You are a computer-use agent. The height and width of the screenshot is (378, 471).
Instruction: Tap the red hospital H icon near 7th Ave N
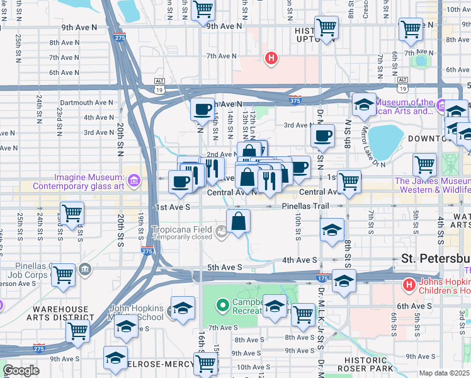[x=271, y=59]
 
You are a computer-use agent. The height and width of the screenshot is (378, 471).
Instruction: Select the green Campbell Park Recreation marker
[x=222, y=306]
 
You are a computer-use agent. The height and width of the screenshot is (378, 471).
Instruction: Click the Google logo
[x=21, y=370]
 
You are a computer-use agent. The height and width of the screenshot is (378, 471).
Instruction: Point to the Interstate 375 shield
[x=295, y=100]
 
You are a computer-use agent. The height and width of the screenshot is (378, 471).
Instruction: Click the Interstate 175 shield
[x=322, y=277]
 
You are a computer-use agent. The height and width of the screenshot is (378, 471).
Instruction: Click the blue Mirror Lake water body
[x=385, y=141]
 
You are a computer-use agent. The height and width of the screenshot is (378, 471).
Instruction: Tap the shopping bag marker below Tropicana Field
[x=239, y=222]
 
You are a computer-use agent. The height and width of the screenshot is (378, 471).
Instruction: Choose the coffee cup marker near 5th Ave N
[x=202, y=110]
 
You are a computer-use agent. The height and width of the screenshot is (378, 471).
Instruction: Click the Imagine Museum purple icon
[x=133, y=181]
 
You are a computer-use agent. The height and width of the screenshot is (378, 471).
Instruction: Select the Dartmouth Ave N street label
[x=86, y=103]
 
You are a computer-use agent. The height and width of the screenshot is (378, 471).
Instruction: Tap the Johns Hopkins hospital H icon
[x=409, y=285]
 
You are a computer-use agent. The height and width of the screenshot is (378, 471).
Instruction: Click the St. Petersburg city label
[x=436, y=259]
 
